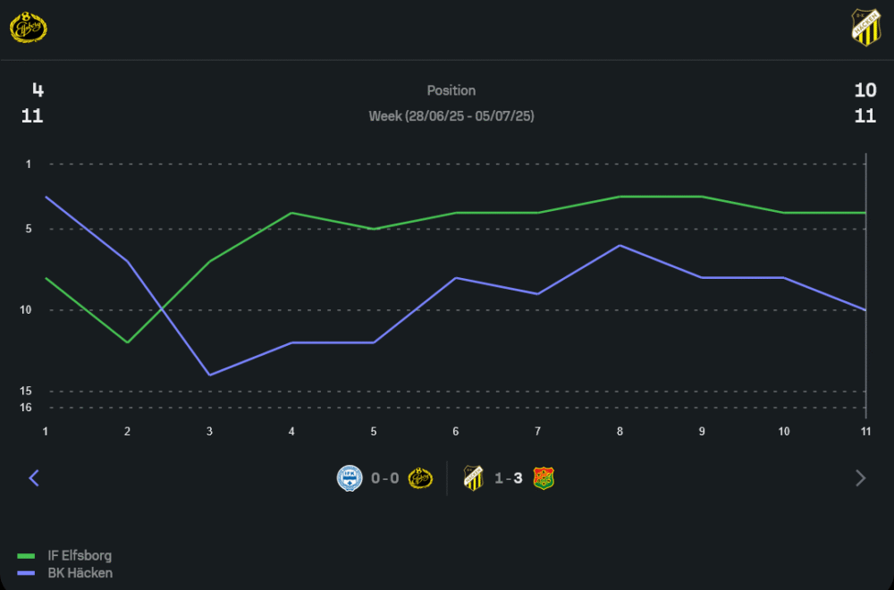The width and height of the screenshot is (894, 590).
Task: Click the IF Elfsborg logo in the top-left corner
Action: pyautogui.click(x=28, y=28)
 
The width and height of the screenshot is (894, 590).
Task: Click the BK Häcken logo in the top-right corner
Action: pyautogui.click(x=865, y=28)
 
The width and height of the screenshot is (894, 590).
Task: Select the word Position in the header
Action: pyautogui.click(x=451, y=90)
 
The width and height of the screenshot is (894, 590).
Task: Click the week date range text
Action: pyautogui.click(x=451, y=116)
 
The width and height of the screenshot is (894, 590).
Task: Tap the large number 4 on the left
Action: pyautogui.click(x=38, y=89)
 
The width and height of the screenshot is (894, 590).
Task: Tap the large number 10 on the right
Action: pyautogui.click(x=864, y=89)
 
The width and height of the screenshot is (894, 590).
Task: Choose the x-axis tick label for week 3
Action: pyautogui.click(x=209, y=432)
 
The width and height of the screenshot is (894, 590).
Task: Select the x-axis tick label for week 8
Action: pyautogui.click(x=620, y=432)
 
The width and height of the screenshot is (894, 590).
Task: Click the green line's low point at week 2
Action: pyautogui.click(x=128, y=342)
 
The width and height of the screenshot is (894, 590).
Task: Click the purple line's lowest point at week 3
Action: pyautogui.click(x=209, y=375)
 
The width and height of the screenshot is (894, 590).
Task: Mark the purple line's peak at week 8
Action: pyautogui.click(x=620, y=245)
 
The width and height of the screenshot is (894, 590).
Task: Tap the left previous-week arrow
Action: pyautogui.click(x=34, y=478)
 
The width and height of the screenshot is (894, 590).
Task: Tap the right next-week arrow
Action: pyautogui.click(x=861, y=478)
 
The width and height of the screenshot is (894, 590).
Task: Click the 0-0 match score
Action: pyautogui.click(x=385, y=478)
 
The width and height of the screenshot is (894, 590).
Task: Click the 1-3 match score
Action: pyautogui.click(x=508, y=478)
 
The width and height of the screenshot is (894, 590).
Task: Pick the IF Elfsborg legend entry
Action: pyautogui.click(x=79, y=556)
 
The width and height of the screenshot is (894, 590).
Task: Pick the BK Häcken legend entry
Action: pyautogui.click(x=80, y=573)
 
